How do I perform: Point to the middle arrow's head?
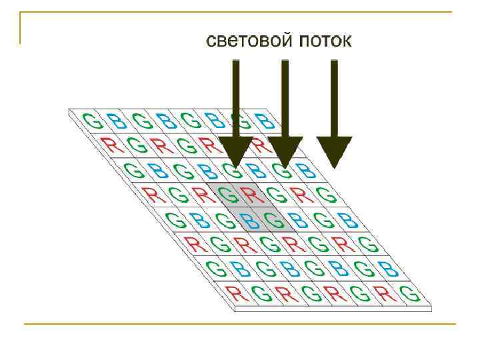point(285,152)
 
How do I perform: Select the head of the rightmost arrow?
point(334,152)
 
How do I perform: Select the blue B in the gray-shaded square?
point(248,219)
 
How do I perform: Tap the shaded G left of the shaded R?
point(228,195)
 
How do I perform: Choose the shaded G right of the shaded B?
point(271,219)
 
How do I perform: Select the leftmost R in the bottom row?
point(233,293)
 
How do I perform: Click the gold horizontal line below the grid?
point(240,324)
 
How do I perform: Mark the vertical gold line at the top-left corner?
point(21,28)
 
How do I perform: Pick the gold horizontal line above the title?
point(240,13)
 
